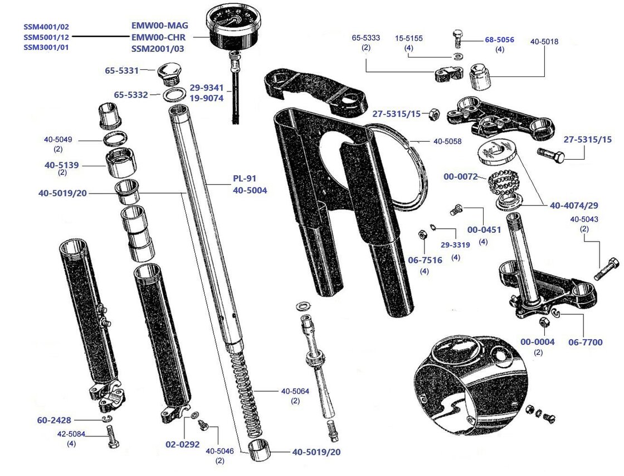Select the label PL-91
point(245,180)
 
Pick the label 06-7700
point(585,342)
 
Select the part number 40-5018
point(544,41)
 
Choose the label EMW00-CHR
point(159,37)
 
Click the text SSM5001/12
point(46,37)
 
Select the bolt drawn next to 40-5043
point(606,269)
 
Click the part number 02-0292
point(183,445)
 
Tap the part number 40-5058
point(447,141)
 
